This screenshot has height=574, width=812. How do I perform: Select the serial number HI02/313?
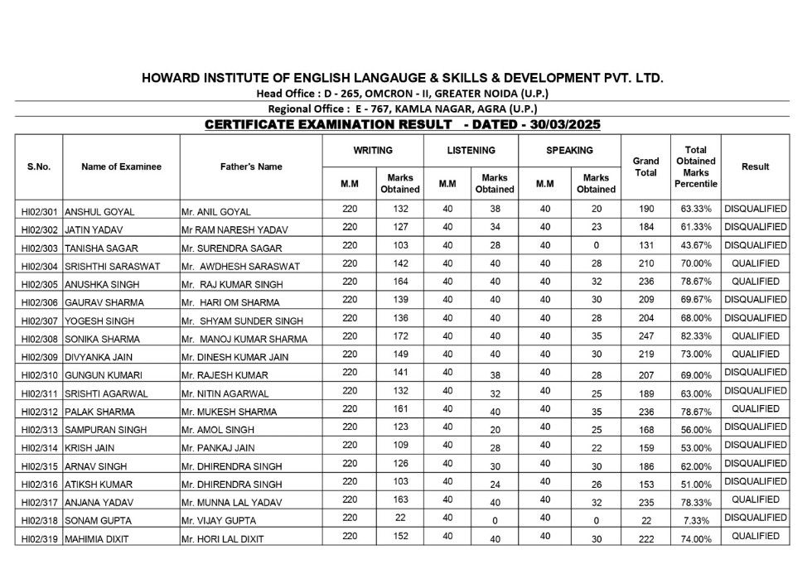[x=39, y=430]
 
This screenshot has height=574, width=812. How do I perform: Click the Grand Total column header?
[x=645, y=166]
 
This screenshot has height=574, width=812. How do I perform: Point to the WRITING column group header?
[x=373, y=151]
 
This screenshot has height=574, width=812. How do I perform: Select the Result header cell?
[x=755, y=166]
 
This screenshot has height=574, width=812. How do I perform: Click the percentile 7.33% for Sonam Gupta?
[x=695, y=520]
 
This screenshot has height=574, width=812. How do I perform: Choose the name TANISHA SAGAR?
[x=95, y=248]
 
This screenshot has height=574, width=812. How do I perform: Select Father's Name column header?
[x=251, y=166]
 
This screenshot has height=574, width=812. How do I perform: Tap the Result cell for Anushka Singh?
[x=755, y=282]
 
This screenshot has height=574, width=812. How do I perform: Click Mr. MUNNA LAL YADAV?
[x=225, y=503]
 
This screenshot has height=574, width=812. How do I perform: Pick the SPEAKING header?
[x=569, y=151]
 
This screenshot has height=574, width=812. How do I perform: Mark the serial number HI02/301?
[x=39, y=211]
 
